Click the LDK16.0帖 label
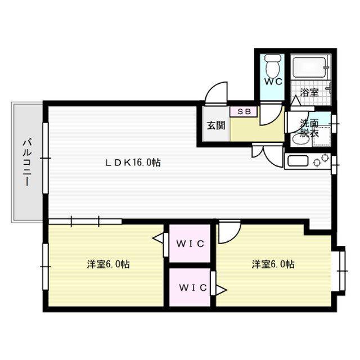pyautogui.click(x=133, y=163)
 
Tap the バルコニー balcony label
pyautogui.click(x=27, y=163)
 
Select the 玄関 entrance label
pyautogui.click(x=216, y=125)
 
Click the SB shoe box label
pyautogui.click(x=244, y=111)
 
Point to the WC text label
pyautogui.click(x=273, y=82)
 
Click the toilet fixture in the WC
pyautogui.click(x=272, y=65)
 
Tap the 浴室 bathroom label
pyautogui.click(x=309, y=92)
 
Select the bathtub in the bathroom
pyautogui.click(x=310, y=67)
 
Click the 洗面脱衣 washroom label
pyautogui.click(x=309, y=128)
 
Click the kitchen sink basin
pyautogui.click(x=298, y=161)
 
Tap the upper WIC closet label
pyautogui.click(x=190, y=244)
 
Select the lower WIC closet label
pyautogui.click(x=193, y=287)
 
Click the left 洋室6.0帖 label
pyautogui.click(x=108, y=264)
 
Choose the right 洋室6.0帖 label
pyautogui.click(x=273, y=264)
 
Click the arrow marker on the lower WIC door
pyautogui.click(x=221, y=290)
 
